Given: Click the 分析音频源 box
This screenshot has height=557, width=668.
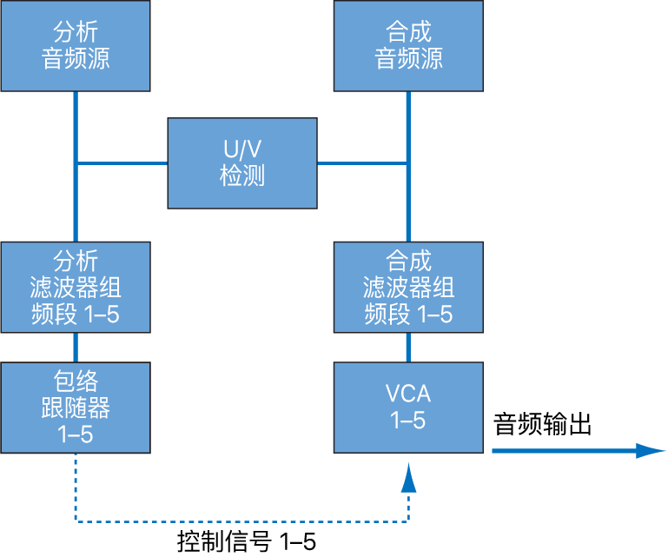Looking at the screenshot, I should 76,46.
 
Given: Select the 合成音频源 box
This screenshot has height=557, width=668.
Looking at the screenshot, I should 408,46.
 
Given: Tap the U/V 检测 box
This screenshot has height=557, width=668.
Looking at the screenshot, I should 241,163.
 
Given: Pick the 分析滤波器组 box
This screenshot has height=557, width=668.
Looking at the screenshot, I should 76,287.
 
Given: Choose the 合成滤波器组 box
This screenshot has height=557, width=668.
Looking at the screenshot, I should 408,287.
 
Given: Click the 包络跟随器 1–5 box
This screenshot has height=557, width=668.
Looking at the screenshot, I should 76,408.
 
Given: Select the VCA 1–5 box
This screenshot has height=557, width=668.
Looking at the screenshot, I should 408,408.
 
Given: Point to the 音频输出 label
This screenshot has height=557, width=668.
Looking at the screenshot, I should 542,425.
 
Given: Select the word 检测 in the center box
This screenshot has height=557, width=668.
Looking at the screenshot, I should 241,176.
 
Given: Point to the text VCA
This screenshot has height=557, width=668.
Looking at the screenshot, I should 408,395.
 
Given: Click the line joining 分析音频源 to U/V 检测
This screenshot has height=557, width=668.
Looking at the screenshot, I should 122,162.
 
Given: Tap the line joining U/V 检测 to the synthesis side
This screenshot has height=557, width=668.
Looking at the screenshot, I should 361,162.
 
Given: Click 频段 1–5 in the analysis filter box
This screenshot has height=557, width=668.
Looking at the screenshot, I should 76,313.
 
